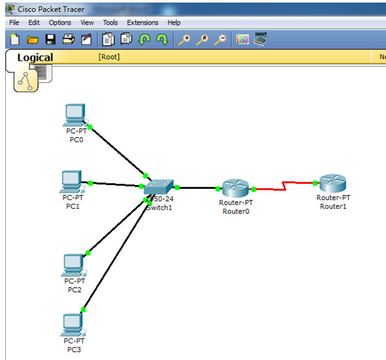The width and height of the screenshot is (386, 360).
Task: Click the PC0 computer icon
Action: point(75,115)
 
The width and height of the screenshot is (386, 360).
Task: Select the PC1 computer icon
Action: point(71,181)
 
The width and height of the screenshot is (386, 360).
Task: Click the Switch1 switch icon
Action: point(158,187)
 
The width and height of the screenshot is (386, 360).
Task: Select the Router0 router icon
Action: point(235,188)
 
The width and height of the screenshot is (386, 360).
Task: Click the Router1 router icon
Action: point(333,184)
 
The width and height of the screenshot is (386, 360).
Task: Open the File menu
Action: point(14,22)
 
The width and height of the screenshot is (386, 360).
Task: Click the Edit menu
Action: point(34,22)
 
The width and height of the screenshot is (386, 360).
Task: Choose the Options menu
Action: point(60,22)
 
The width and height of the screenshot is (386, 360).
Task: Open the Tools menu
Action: point(110,22)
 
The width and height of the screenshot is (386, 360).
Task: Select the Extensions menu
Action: point(142,22)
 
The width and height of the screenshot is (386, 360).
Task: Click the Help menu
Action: point(174,22)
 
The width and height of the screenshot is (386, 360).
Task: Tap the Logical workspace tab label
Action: point(35,58)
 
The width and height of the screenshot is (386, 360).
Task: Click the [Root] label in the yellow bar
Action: point(109,57)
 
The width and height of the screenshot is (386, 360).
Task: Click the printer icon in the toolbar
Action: point(68,40)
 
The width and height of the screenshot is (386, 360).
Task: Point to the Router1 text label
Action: point(333,206)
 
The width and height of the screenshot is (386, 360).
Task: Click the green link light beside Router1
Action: point(315,183)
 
